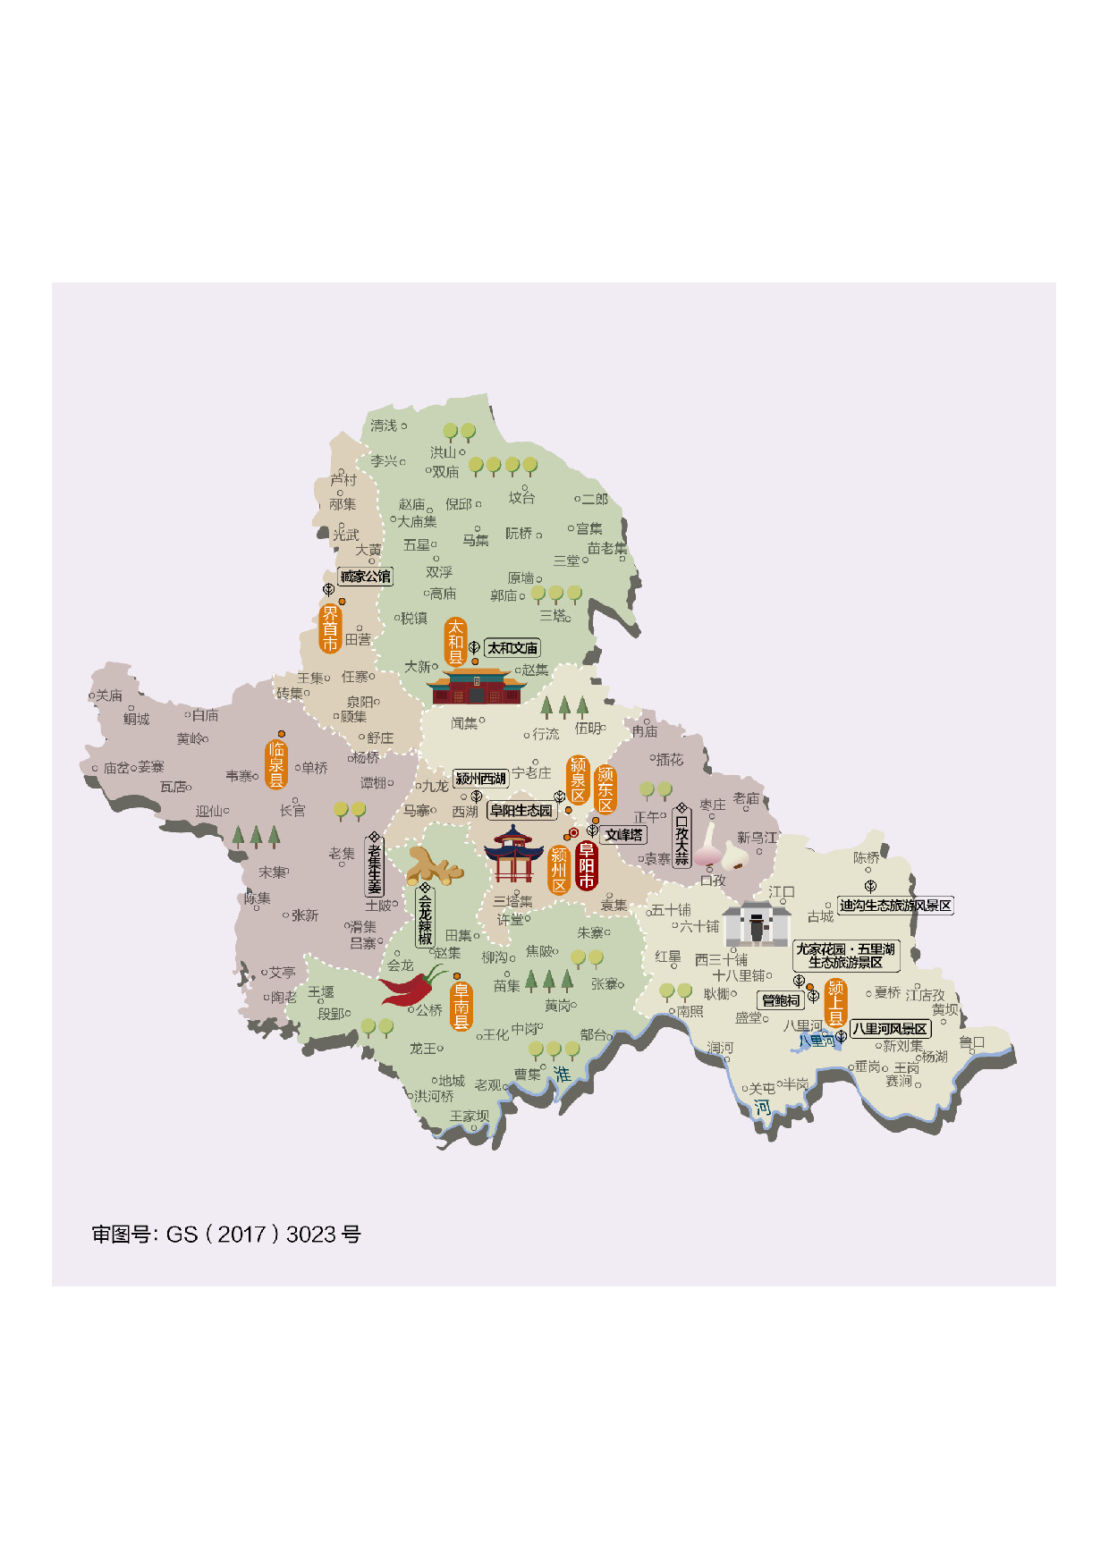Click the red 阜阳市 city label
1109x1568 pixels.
[x=587, y=864]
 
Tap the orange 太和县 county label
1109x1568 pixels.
[x=456, y=642]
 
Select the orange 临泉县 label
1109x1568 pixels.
[x=276, y=764]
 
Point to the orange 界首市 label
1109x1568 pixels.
[x=330, y=628]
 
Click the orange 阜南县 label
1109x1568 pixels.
[x=461, y=1006]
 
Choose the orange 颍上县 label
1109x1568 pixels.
[x=836, y=1003]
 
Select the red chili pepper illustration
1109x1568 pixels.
[x=412, y=986]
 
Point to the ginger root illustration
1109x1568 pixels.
[x=434, y=866]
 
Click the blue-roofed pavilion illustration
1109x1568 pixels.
[x=513, y=855]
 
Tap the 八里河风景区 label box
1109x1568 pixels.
[x=889, y=1029]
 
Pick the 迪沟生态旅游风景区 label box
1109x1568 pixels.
[x=895, y=906]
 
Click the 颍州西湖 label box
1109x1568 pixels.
[x=480, y=779]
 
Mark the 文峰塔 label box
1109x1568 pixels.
[x=623, y=835]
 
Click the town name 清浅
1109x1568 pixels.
[x=384, y=426]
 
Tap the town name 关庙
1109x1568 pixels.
[x=109, y=695]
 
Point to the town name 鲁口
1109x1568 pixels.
[x=971, y=1042]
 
